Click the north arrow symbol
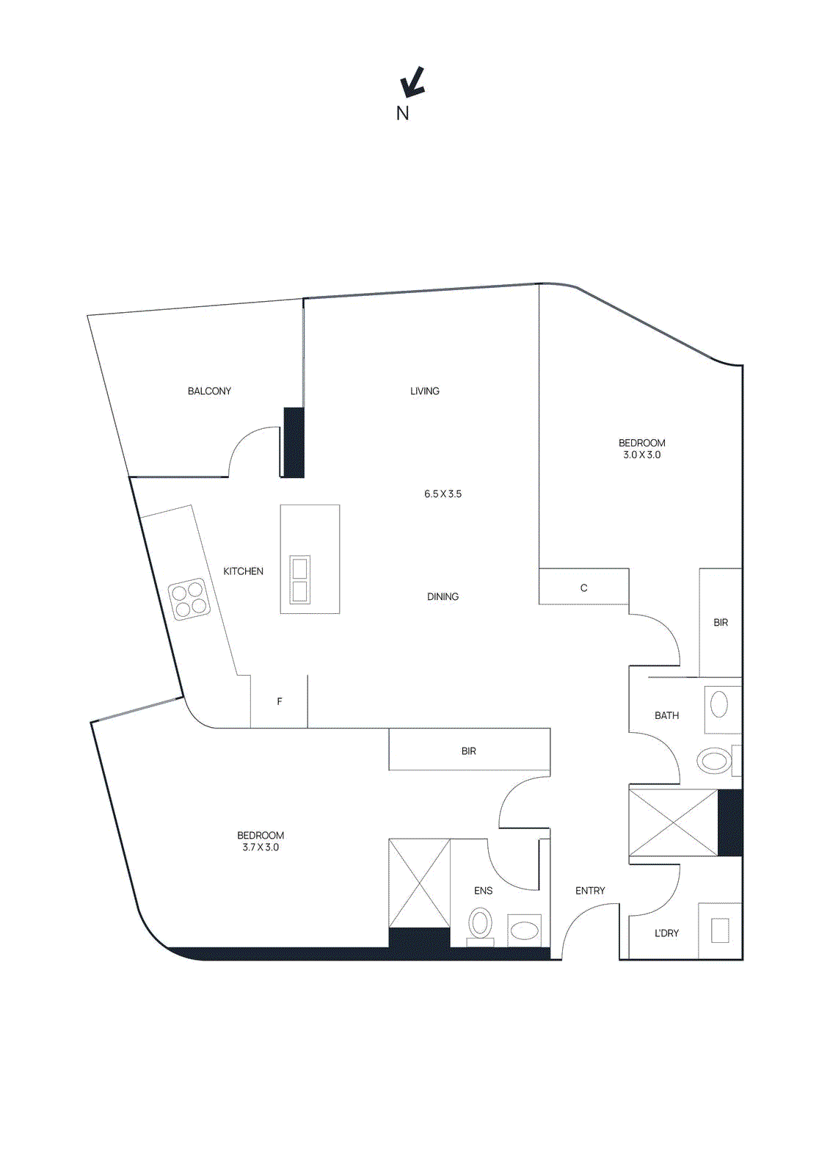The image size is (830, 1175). tap(413, 82)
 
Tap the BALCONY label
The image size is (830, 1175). tap(209, 391)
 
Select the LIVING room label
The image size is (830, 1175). tap(425, 391)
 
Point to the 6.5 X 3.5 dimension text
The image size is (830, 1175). tap(443, 494)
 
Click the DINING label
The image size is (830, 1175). tap(443, 597)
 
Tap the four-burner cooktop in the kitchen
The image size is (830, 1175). tap(189, 599)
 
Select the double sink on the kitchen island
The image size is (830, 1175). tap(299, 579)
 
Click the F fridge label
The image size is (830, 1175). tap(280, 702)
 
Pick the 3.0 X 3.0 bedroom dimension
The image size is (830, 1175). tap(642, 455)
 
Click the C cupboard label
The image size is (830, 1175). tap(584, 588)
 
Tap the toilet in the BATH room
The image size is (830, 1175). tap(714, 760)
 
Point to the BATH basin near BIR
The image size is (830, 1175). tap(719, 704)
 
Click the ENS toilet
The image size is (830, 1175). tap(481, 923)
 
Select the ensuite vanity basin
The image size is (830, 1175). tap(524, 931)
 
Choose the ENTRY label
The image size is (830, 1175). tap(590, 891)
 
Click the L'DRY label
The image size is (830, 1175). tap(666, 933)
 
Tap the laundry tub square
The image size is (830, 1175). tap(719, 930)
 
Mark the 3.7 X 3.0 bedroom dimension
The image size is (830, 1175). tap(261, 847)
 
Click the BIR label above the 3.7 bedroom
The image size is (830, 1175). tap(469, 751)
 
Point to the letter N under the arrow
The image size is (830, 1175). tap(402, 113)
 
